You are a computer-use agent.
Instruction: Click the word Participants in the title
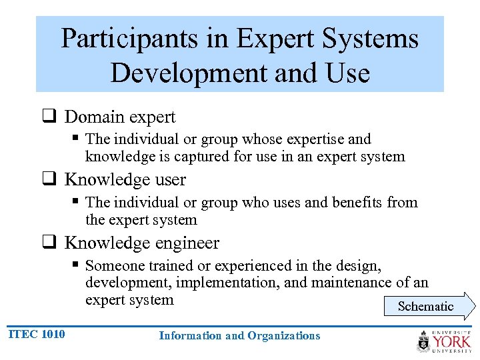125,39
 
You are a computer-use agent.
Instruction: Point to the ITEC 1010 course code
37,334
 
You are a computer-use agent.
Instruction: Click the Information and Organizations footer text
239,336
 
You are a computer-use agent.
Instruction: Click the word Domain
93,117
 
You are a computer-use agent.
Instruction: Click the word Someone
114,265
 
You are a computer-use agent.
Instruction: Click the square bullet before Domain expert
49,117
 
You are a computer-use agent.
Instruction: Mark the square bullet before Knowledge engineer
49,243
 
